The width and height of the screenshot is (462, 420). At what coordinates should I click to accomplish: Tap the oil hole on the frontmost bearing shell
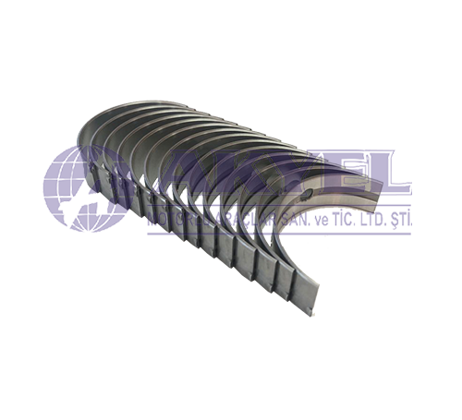[309, 196]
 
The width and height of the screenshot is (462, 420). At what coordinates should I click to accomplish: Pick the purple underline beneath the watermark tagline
[277, 233]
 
